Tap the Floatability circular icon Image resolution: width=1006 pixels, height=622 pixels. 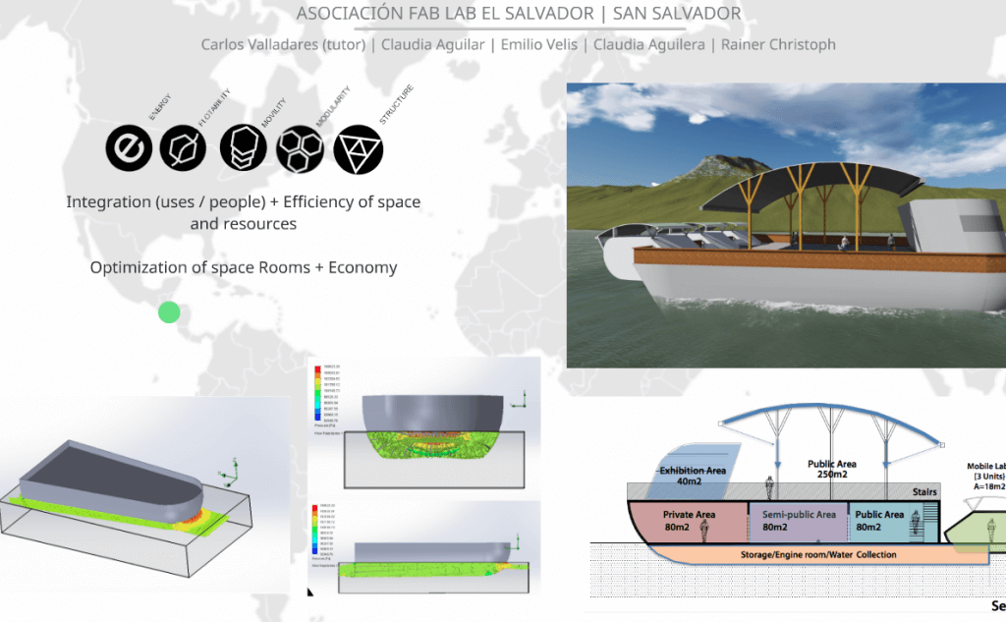(x=183, y=150)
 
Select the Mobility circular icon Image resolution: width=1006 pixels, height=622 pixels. (x=242, y=149)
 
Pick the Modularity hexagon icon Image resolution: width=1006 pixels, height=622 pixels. (x=299, y=149)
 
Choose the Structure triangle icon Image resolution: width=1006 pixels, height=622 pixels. (x=358, y=150)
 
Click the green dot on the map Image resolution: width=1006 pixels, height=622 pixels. (x=169, y=312)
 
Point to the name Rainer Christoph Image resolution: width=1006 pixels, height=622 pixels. (x=778, y=44)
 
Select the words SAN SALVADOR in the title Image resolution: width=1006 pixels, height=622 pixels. (x=677, y=14)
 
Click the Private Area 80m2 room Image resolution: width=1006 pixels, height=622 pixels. (x=688, y=521)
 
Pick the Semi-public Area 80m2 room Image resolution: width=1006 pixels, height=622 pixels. (x=798, y=521)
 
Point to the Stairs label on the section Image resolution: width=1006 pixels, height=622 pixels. (x=924, y=491)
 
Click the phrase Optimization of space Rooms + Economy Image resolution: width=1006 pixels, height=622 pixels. (x=244, y=267)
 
